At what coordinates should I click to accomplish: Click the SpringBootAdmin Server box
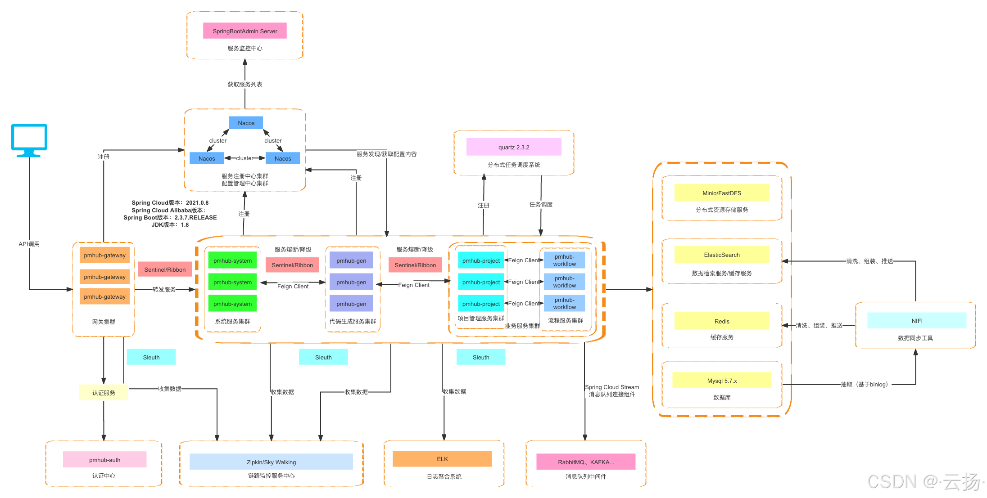(x=244, y=31)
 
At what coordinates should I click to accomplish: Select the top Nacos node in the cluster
(x=246, y=123)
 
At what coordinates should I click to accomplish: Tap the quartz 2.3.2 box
(x=514, y=147)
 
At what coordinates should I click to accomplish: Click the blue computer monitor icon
(x=29, y=140)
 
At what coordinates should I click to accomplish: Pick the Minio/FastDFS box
(x=721, y=193)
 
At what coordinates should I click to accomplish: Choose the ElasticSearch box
(x=721, y=255)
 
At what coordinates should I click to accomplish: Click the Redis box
(x=721, y=321)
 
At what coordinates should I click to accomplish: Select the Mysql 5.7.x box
(x=721, y=381)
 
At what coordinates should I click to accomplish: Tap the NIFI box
(x=917, y=321)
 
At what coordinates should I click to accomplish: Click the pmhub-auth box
(x=104, y=460)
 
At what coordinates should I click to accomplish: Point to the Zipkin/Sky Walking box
(x=271, y=462)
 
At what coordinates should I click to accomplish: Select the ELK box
(x=442, y=459)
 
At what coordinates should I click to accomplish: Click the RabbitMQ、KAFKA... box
(x=585, y=462)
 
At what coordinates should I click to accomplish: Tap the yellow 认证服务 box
(x=104, y=393)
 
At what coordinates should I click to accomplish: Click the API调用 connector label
(x=29, y=244)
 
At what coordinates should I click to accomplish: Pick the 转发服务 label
(x=164, y=289)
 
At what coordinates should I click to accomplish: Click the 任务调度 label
(x=540, y=204)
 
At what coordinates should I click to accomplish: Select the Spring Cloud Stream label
(x=611, y=387)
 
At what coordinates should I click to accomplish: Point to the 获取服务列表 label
(x=244, y=84)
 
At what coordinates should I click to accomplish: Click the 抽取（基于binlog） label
(x=865, y=384)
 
